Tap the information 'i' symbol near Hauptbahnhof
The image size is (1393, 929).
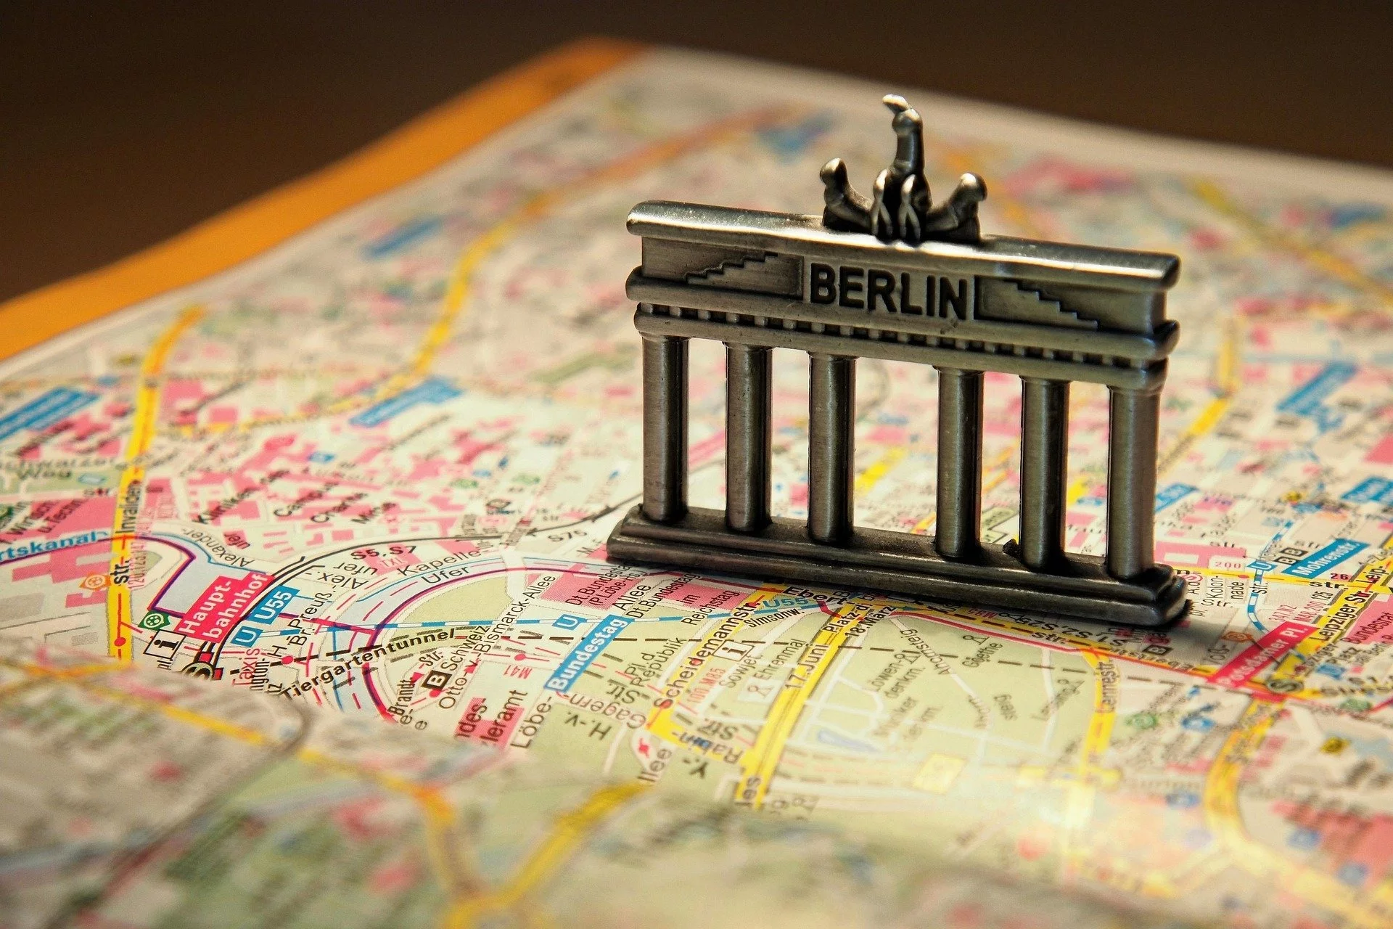click(172, 643)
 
